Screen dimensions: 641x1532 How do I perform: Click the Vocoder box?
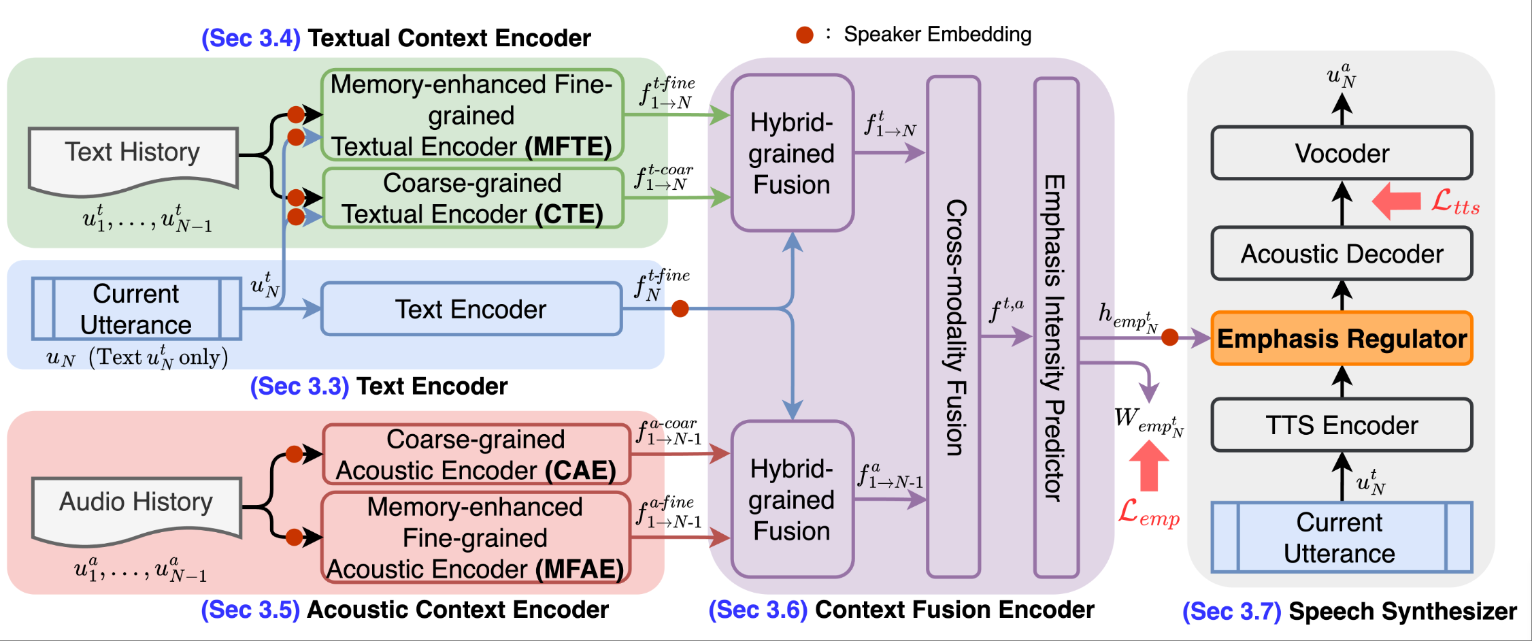(1342, 153)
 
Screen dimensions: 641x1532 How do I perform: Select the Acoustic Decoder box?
(1342, 254)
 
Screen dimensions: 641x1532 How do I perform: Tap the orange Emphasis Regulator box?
(1342, 338)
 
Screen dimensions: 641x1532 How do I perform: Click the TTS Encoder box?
(1342, 425)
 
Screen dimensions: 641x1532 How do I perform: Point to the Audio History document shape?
(136, 507)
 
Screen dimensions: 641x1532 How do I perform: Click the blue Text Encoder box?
(471, 309)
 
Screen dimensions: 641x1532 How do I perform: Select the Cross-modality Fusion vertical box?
(954, 327)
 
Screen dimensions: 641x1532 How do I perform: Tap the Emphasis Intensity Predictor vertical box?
(1056, 327)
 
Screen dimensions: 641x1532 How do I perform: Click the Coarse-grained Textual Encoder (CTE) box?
(472, 198)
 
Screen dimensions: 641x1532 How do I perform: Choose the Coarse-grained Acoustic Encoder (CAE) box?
(476, 455)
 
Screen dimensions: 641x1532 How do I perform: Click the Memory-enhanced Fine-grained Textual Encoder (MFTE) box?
(471, 115)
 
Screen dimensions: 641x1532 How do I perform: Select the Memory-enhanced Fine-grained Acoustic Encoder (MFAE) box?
(476, 538)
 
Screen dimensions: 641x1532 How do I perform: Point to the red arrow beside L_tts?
(1397, 201)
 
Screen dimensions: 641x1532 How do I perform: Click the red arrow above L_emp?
(1149, 465)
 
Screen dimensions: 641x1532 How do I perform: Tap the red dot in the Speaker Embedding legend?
(805, 35)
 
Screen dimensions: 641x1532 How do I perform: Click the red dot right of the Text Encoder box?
(680, 309)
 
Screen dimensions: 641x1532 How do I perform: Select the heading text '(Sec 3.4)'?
(251, 38)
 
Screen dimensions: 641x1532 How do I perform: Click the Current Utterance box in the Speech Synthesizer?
(1342, 538)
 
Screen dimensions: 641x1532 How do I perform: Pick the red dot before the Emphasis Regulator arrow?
(1170, 337)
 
